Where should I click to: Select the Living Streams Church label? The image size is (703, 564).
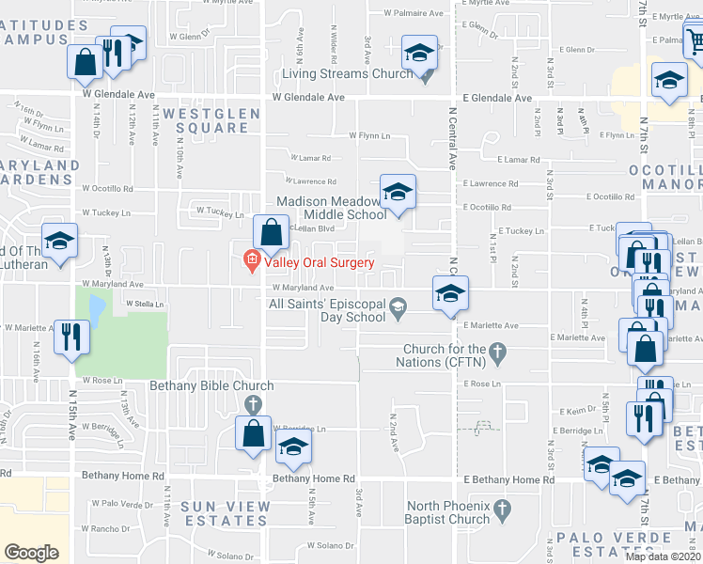point(348,73)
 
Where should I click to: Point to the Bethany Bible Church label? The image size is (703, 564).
point(211,385)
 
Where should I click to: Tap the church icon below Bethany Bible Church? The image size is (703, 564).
point(252,404)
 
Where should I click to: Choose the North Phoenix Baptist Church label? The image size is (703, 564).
point(447,512)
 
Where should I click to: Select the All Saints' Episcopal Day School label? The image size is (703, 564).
point(327,309)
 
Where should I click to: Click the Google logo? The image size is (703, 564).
point(31,552)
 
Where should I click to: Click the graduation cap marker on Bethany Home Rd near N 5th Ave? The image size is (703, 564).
point(294,450)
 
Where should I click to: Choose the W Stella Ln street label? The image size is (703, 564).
point(145,305)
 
